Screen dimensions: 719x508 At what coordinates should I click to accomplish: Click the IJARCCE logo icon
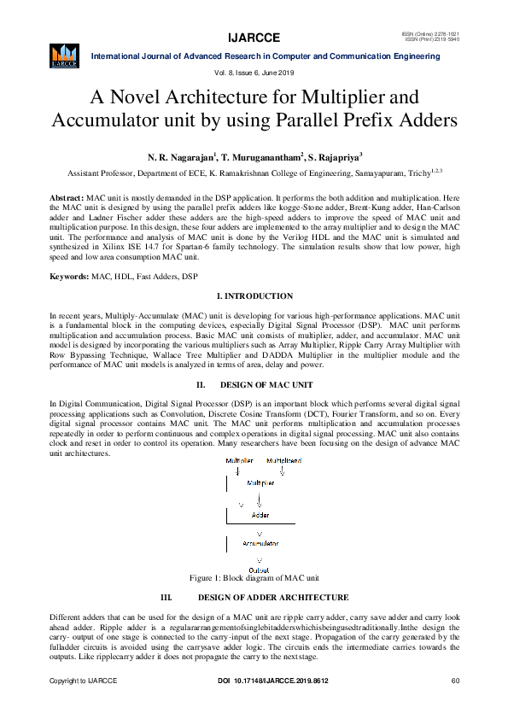pyautogui.click(x=64, y=57)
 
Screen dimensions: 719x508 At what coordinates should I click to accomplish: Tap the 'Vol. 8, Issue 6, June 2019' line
pyautogui.click(x=254, y=74)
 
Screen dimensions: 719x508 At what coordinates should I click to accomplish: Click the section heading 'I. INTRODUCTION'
pyautogui.click(x=254, y=272)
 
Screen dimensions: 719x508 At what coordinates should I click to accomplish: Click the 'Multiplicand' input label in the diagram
pyautogui.click(x=283, y=461)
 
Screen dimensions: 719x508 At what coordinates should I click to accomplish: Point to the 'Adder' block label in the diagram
pyautogui.click(x=260, y=515)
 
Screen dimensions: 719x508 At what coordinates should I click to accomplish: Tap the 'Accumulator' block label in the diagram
pyautogui.click(x=260, y=543)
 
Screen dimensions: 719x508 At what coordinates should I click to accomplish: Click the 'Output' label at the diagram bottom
pyautogui.click(x=259, y=570)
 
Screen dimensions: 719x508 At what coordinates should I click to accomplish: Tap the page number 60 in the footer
pyautogui.click(x=456, y=681)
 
